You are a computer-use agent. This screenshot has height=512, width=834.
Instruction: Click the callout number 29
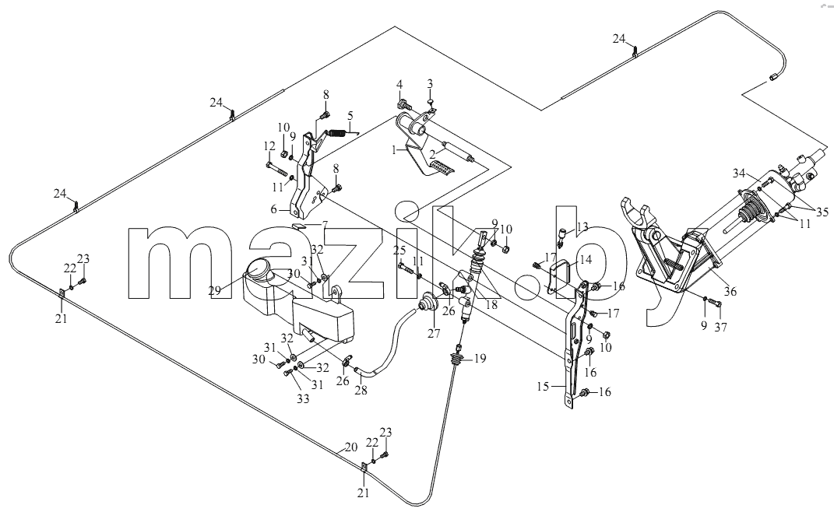(x=214, y=290)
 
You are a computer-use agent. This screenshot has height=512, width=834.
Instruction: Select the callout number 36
(x=730, y=291)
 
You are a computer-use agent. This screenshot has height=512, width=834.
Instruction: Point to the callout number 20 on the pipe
(x=351, y=447)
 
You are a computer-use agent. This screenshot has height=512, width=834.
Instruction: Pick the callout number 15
(x=543, y=387)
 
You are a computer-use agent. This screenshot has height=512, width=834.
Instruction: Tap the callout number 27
(x=434, y=333)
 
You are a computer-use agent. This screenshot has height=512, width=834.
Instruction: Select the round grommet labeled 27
(x=428, y=302)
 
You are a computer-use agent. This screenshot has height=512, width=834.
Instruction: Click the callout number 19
(x=480, y=359)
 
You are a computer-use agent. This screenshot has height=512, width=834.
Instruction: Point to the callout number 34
(x=739, y=173)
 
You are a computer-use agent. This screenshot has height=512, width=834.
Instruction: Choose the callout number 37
(x=720, y=327)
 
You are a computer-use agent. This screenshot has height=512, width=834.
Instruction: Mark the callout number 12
(x=269, y=146)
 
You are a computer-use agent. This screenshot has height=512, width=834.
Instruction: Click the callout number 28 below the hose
(x=361, y=390)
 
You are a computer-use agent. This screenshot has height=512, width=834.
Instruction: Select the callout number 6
(x=273, y=209)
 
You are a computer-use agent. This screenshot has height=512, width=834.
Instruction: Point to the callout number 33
(x=303, y=399)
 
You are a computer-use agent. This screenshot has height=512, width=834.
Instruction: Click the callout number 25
(x=400, y=250)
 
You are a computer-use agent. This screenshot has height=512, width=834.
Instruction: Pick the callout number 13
(x=582, y=226)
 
